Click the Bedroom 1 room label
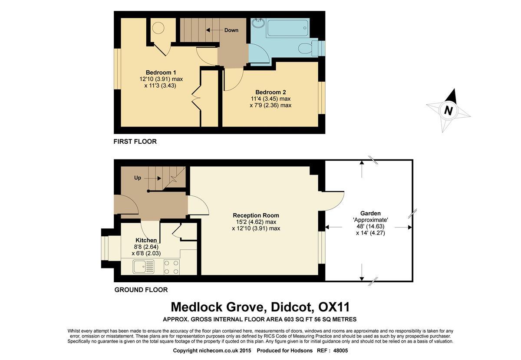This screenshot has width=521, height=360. tap(161, 73)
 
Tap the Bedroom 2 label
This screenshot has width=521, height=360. tap(270, 92)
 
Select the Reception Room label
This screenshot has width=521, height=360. tap(256, 215)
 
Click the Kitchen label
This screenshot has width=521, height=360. tap(146, 240)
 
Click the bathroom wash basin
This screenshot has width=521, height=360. tap(258, 24)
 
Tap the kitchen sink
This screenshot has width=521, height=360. tap(143, 267)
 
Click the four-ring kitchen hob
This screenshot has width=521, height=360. tap(171, 267)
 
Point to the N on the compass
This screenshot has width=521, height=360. tap(448, 111)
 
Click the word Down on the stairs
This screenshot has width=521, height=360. tap(231, 30)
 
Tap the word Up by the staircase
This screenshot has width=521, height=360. tap(138, 178)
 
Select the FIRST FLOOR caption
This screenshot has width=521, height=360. tap(135, 142)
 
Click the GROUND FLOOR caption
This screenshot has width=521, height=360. tap(141, 290)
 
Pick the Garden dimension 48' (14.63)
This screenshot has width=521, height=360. tap(370, 226)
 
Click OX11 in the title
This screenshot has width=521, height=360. tap(333, 307)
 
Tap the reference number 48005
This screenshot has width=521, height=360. tap(340, 350)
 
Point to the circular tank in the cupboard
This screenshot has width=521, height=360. tap(158, 28)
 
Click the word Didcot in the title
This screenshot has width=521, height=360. tap(291, 307)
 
